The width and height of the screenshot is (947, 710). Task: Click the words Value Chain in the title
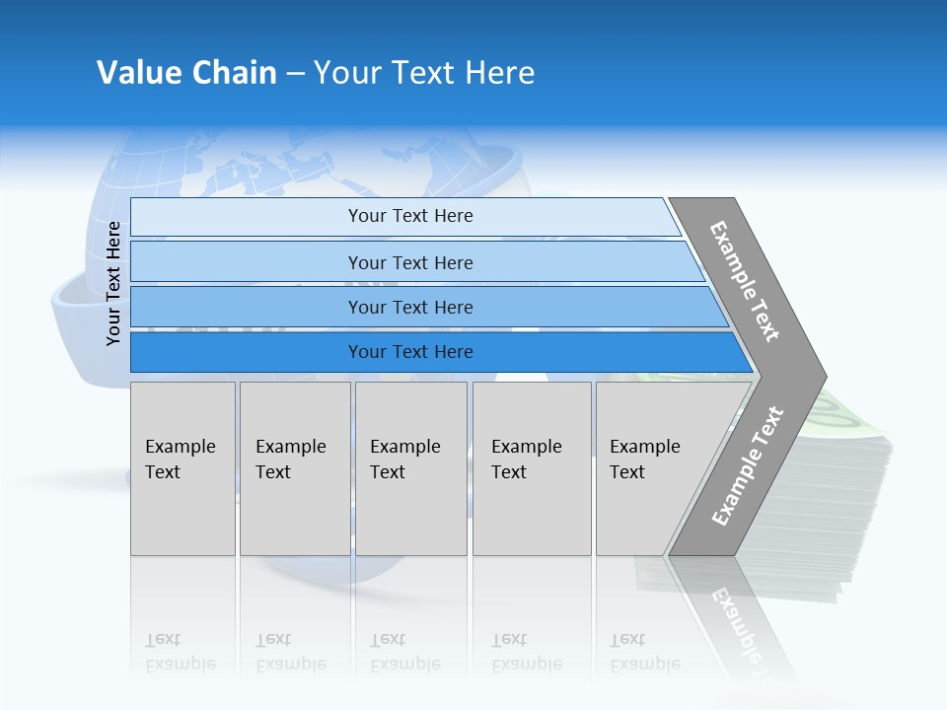[186, 73]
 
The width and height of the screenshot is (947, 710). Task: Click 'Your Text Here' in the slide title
[424, 73]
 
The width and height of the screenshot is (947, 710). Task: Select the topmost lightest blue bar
[409, 216]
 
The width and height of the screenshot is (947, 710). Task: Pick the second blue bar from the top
[409, 262]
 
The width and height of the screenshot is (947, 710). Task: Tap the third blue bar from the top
[409, 307]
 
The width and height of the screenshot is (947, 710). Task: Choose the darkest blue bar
[409, 352]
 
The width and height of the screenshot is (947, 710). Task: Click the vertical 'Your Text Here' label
[113, 283]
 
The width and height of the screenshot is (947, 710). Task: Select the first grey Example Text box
[182, 468]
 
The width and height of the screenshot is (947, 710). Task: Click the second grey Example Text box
[295, 468]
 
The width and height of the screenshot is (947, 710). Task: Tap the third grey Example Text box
[410, 468]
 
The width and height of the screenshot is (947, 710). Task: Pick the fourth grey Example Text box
[532, 468]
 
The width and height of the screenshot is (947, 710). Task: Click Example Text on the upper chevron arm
[745, 281]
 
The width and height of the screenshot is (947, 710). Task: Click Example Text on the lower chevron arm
[747, 466]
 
